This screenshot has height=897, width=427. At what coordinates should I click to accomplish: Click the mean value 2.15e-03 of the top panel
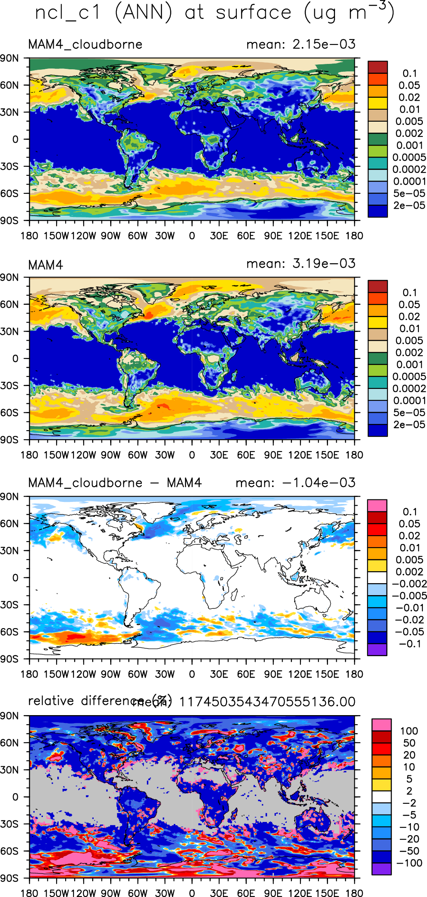tap(323, 44)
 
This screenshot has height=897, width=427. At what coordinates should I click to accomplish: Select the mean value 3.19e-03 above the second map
tap(323, 264)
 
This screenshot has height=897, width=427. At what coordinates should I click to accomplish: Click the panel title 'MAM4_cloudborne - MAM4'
tap(115, 483)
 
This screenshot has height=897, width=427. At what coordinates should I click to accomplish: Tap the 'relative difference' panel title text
tap(86, 701)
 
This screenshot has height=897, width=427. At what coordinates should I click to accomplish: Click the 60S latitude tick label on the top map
tap(9, 193)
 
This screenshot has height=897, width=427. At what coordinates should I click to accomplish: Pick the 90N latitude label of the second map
tap(9, 278)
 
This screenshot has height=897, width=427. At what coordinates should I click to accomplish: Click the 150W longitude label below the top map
tap(56, 236)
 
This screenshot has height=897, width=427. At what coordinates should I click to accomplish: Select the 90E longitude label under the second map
tap(273, 455)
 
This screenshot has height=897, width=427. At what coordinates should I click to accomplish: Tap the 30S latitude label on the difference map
tap(9, 605)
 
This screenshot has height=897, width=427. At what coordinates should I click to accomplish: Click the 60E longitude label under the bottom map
tap(246, 893)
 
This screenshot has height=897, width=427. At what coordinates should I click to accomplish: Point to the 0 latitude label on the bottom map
tap(15, 797)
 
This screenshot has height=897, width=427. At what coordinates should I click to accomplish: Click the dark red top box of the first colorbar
tap(377, 67)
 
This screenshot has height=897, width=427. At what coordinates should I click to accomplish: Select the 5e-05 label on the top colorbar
tap(409, 193)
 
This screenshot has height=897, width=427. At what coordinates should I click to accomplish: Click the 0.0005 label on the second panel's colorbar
tap(409, 377)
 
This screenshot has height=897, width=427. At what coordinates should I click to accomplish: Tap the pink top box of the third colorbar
tap(377, 506)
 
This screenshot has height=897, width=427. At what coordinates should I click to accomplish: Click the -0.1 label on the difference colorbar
tap(410, 644)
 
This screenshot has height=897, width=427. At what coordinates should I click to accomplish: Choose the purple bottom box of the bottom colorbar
tap(381, 869)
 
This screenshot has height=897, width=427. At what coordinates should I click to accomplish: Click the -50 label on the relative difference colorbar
tap(409, 851)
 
